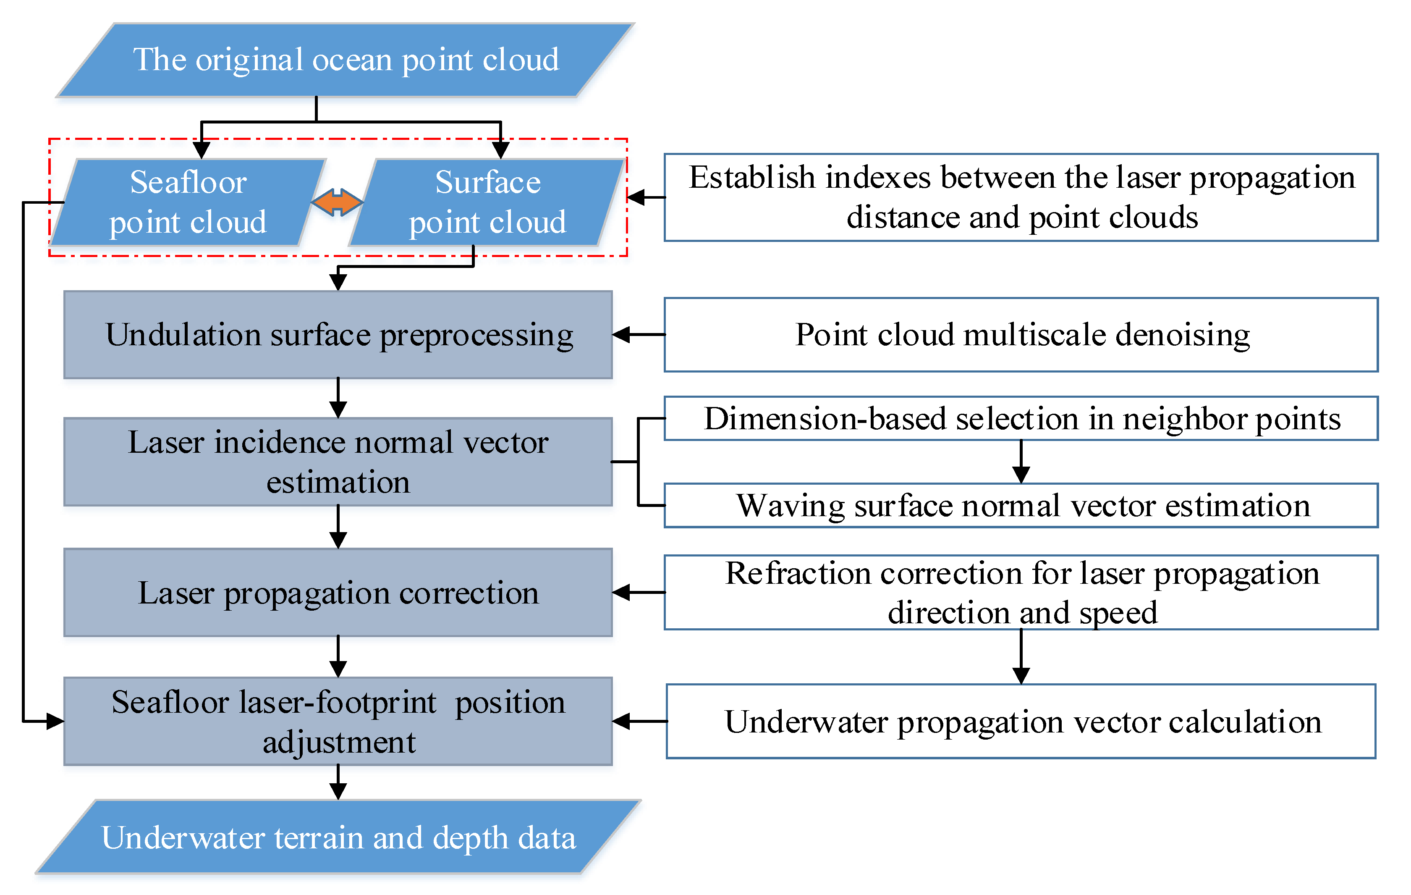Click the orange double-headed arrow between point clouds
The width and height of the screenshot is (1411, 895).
[x=337, y=202]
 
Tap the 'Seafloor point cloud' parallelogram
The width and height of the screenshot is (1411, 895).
[x=188, y=202]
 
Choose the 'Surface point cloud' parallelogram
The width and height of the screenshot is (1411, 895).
[x=487, y=202]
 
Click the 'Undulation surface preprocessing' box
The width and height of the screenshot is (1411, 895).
[x=338, y=335]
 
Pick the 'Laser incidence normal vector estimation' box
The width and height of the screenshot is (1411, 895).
[x=338, y=462]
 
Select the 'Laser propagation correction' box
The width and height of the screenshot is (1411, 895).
[x=338, y=593]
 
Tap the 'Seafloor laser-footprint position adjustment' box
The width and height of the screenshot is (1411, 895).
[x=338, y=722]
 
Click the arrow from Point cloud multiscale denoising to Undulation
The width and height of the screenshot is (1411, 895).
[x=639, y=335]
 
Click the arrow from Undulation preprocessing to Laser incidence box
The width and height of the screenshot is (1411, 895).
[x=338, y=398]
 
